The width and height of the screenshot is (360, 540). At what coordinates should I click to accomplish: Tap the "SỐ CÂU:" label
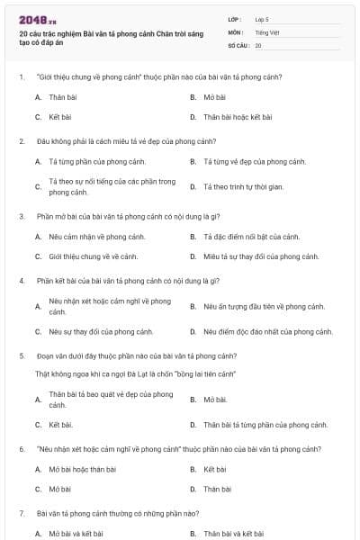click(238, 44)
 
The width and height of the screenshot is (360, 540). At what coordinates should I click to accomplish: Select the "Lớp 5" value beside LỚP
click(262, 19)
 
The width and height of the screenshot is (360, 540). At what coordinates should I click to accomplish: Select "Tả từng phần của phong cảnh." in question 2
click(93, 162)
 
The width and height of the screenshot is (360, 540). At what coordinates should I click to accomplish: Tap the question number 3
click(21, 216)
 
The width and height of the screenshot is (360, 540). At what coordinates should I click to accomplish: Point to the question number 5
click(21, 355)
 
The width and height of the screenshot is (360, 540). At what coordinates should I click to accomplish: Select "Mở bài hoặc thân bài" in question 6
click(82, 469)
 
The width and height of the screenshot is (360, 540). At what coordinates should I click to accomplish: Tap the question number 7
click(21, 513)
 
